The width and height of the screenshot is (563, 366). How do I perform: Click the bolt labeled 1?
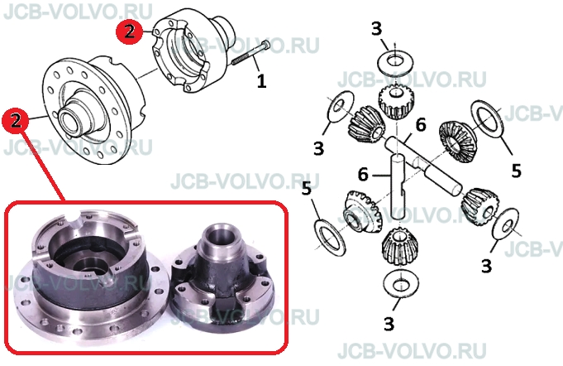251,53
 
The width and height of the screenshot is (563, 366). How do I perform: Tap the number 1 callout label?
262,81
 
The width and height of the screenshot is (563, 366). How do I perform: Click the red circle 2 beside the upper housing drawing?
129,32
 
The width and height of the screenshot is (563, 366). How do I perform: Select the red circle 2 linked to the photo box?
16,120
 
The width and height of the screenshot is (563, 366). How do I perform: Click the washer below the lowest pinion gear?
400,284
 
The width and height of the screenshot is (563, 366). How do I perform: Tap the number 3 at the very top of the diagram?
376,29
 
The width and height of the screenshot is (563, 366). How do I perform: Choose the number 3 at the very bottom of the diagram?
389,324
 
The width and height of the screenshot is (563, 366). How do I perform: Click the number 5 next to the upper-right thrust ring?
516,171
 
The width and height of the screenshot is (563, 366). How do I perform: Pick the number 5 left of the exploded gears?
306,188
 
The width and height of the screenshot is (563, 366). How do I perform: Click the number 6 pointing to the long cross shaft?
421,125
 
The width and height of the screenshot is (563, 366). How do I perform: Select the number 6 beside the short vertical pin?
363,175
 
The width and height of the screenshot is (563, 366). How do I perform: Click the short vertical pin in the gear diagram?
398,186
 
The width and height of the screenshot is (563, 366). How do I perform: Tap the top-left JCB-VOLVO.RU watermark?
78,12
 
